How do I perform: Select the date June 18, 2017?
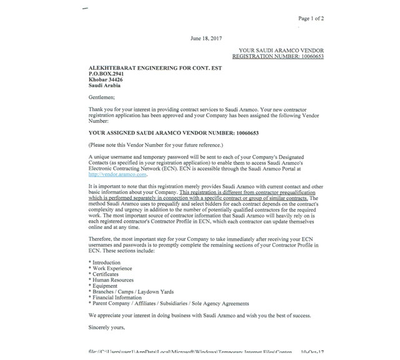click(x=205, y=38)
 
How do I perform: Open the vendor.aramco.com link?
click(x=117, y=175)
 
